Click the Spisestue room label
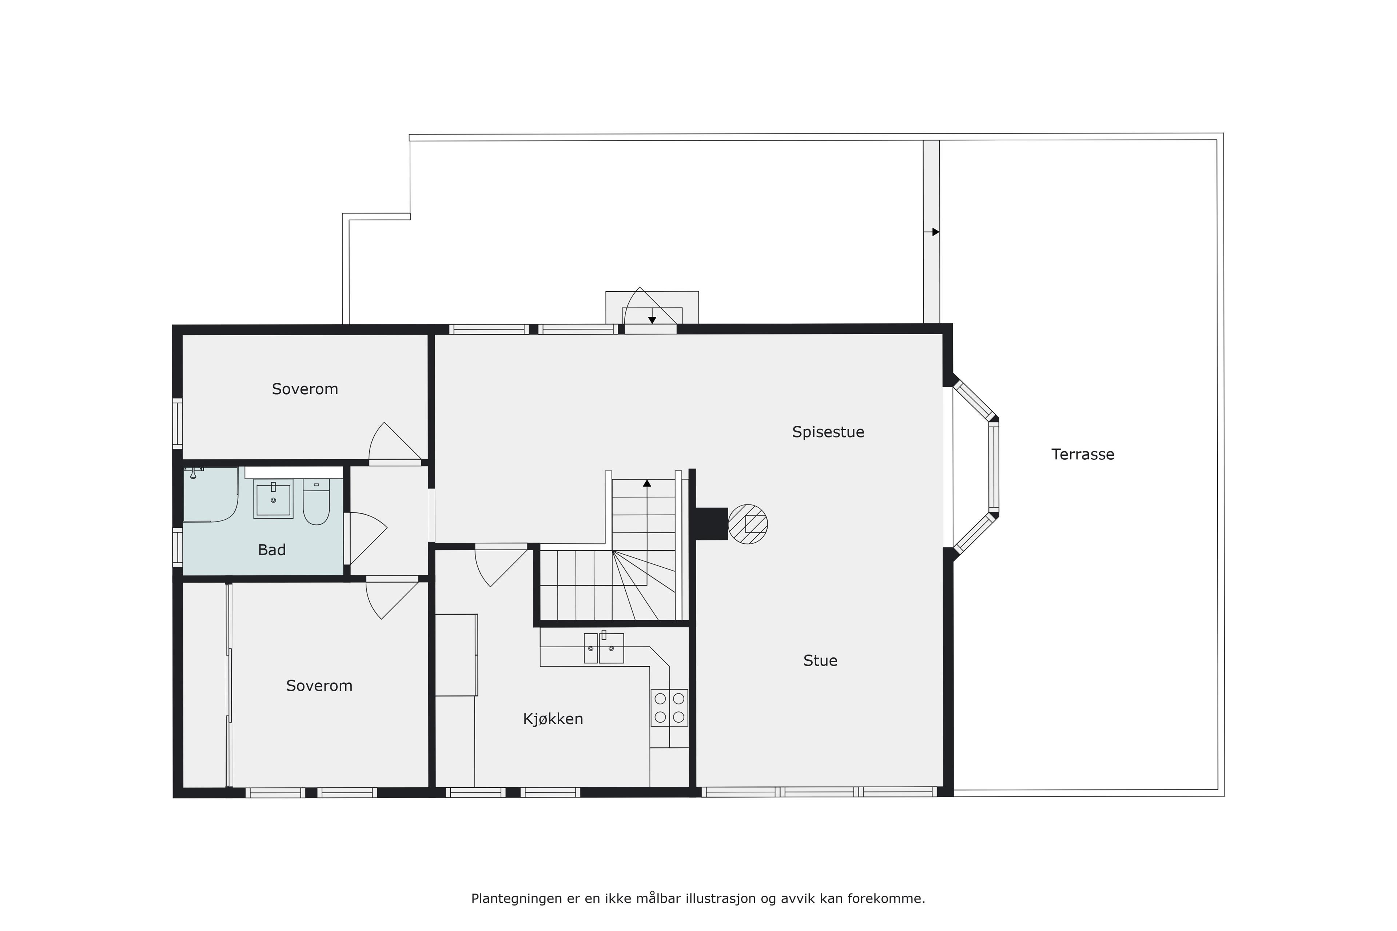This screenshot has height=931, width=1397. coord(828,432)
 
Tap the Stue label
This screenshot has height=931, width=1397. coord(820,661)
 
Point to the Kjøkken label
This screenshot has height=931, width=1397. coord(553,719)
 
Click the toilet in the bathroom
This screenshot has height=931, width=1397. coord(316,502)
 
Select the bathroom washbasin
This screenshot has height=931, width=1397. coord(273,499)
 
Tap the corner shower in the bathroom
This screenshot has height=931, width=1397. coord(210,495)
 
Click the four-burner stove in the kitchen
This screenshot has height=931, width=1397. coord(669,708)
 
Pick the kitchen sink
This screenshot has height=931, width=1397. coord(604,648)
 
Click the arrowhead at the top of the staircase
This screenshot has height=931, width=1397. coord(647,483)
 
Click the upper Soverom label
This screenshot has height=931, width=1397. coord(305,389)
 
